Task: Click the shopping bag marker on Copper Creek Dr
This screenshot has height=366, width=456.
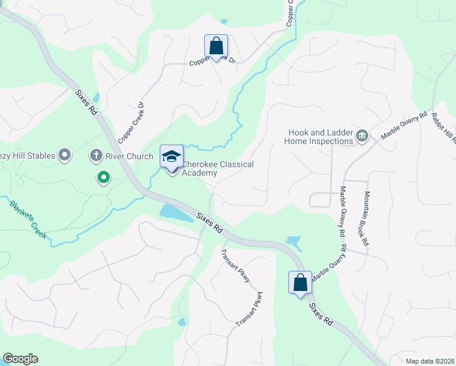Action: click(x=216, y=45)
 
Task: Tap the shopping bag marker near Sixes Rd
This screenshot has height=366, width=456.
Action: click(x=300, y=282)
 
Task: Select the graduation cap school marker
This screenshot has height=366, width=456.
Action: click(x=171, y=157)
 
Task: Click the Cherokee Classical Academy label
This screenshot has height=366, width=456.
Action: click(x=218, y=168)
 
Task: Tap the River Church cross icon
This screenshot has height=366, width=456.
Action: click(x=96, y=156)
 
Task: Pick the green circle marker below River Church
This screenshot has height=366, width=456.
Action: click(x=104, y=178)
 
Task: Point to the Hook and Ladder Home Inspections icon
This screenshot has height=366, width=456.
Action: click(x=362, y=135)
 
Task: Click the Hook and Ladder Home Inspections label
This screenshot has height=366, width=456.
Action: click(x=319, y=136)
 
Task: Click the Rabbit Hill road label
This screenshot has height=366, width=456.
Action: click(x=444, y=128)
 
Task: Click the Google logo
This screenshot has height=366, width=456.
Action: click(x=20, y=359)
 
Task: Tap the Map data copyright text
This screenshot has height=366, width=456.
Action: click(x=430, y=361)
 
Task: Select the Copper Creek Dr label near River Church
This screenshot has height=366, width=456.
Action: click(x=132, y=122)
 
